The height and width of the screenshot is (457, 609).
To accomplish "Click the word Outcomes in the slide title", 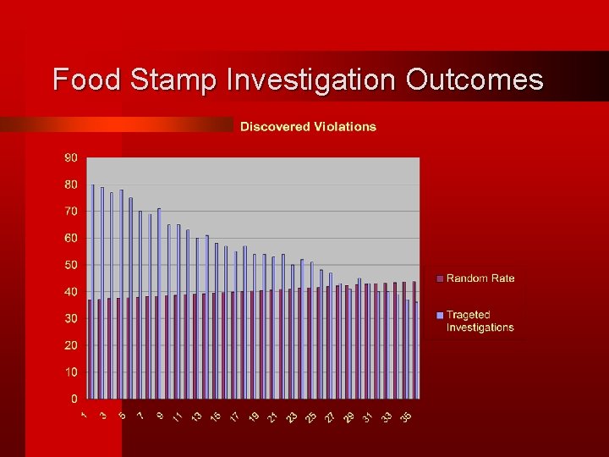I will pos(475,80).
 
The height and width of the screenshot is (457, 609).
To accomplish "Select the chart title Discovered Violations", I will pos(308,127).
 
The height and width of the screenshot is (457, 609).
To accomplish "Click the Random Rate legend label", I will pos(480,278).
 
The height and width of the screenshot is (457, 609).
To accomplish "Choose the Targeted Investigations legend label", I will pos(480,321).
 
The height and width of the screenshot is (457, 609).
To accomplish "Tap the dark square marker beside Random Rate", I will pos(440,278).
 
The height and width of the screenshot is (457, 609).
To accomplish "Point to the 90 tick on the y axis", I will pos(71,157).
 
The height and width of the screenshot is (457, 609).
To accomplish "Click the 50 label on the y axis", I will pos(71,265).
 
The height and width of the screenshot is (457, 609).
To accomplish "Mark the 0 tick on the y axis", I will pos(74,399).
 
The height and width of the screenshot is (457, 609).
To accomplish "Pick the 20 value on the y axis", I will pos(71,345).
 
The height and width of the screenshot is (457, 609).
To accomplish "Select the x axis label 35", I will pos(406,416).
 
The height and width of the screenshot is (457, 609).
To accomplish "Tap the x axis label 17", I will pos(234,416).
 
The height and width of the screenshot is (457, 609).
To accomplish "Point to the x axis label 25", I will pos(310,416).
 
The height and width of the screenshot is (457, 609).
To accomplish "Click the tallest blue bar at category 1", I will pos(93,292).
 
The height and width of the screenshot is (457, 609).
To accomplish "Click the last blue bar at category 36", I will pos(416,350).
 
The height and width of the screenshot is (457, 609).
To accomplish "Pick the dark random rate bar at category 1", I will pos(90,349).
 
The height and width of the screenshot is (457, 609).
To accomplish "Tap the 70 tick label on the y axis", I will pos(71,211).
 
